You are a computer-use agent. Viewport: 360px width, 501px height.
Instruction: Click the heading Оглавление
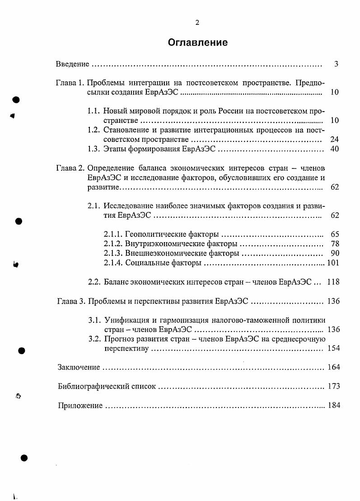(197, 42)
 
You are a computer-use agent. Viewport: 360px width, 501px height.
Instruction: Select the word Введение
(72, 64)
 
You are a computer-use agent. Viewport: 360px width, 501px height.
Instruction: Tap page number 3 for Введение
(336, 64)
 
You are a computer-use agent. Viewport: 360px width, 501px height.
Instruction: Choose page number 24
(334, 139)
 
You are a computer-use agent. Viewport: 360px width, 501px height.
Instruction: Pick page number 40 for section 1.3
(334, 149)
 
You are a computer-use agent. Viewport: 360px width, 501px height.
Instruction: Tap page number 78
(334, 243)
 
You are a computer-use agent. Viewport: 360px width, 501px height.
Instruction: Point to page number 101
(333, 262)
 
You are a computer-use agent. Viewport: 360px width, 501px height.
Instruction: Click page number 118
(333, 282)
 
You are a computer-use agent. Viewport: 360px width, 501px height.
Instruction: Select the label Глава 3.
(71, 301)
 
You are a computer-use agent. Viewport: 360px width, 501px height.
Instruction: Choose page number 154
(333, 348)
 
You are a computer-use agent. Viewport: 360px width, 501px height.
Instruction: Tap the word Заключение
(79, 367)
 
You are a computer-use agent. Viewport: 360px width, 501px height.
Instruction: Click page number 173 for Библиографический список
(333, 386)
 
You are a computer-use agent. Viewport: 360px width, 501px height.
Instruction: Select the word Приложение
(80, 406)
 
